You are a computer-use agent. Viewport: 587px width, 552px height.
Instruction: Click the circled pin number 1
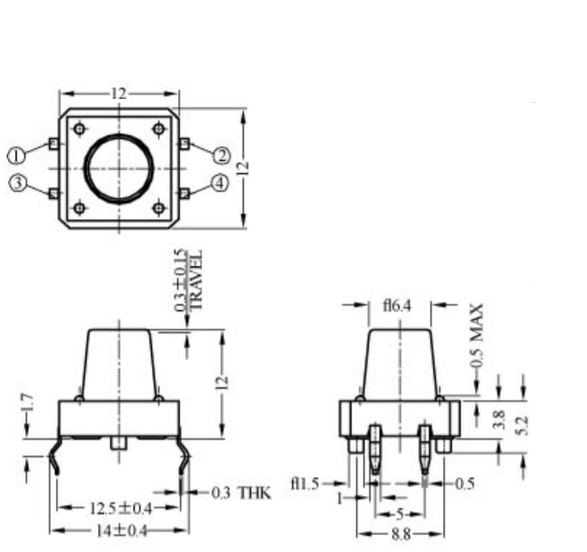16,155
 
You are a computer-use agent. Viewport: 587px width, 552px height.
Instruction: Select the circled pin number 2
222,155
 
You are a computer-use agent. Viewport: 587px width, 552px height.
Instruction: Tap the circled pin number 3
16,183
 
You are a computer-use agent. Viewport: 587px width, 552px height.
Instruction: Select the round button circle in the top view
120,167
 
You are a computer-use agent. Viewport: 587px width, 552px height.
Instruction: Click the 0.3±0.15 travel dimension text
181,281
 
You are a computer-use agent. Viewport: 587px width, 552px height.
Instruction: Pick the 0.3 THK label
242,493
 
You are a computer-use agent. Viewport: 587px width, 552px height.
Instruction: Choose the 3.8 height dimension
499,420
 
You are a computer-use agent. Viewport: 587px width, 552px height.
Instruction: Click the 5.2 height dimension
523,426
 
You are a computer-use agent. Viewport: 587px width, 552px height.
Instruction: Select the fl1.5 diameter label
305,483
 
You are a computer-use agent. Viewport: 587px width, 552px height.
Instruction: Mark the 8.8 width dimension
402,532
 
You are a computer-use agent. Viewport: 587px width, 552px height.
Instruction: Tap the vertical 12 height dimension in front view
223,382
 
